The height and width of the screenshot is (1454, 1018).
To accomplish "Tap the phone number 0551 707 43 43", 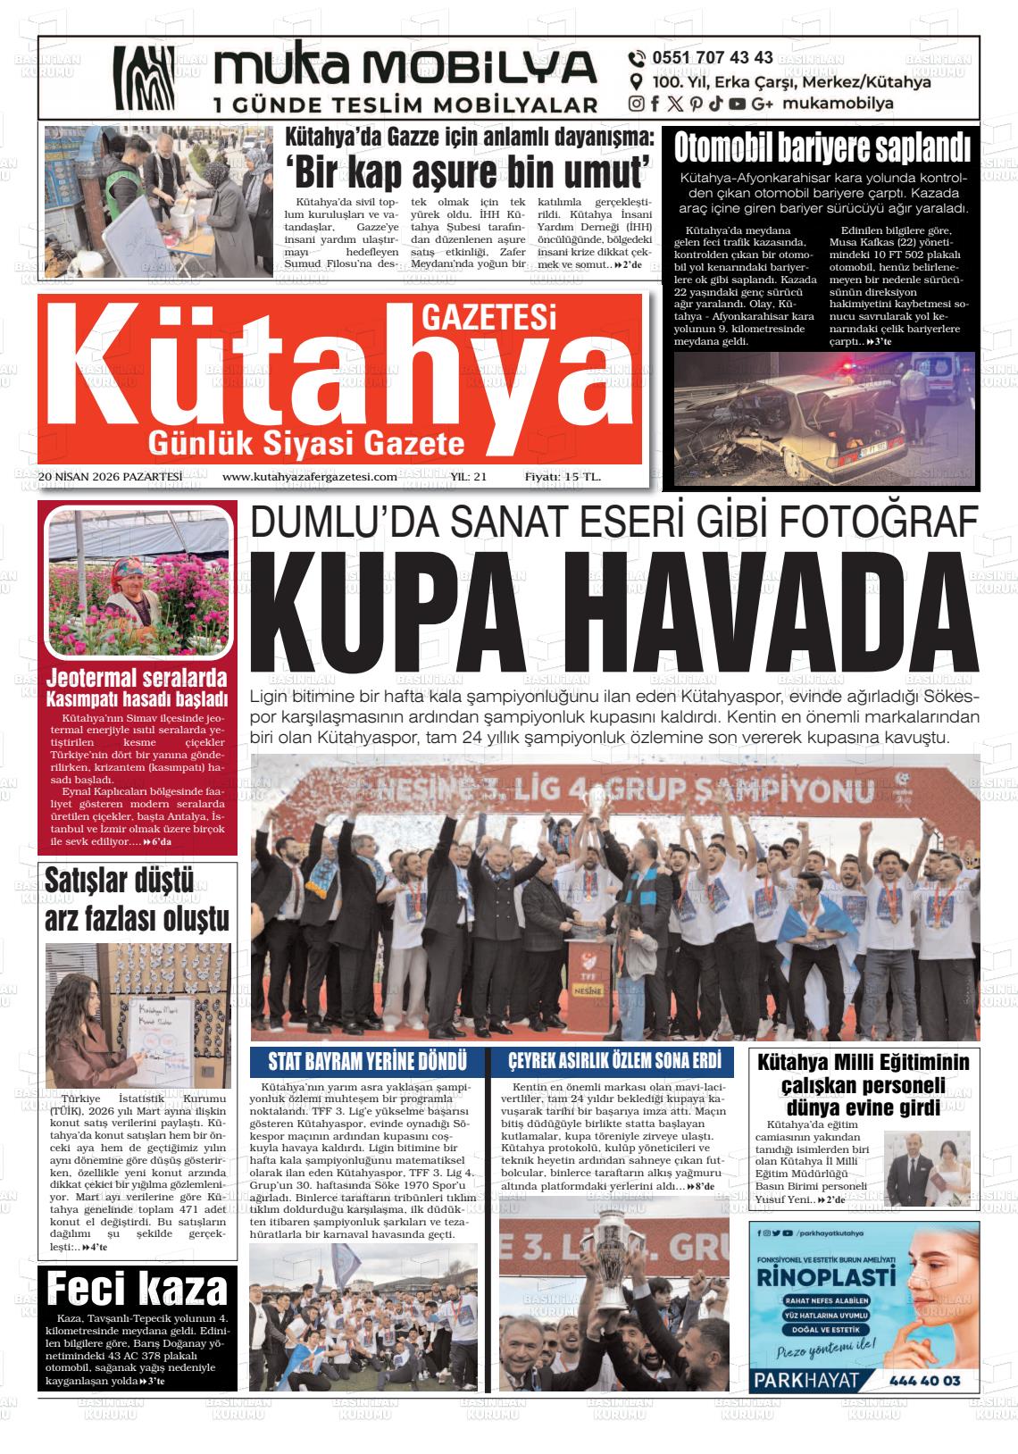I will coord(713,58).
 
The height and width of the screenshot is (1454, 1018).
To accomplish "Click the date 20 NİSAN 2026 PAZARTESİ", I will coord(111,477).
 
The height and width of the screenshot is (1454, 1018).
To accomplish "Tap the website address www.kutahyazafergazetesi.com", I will coord(309,477).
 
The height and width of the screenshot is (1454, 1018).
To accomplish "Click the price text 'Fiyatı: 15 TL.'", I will coord(563,477).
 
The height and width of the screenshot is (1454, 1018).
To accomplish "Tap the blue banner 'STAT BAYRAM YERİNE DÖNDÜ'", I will coord(368,1061).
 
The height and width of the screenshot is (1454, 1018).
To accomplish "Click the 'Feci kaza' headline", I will coord(138,1290).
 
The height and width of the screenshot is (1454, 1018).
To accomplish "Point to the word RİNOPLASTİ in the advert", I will coord(825,1275).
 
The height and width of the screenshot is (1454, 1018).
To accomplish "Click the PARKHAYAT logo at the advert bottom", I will coord(806,1380).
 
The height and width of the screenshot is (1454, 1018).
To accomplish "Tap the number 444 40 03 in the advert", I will coord(924,1381).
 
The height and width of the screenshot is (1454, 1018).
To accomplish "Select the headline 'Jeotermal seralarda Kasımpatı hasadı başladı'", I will coord(138,686).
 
